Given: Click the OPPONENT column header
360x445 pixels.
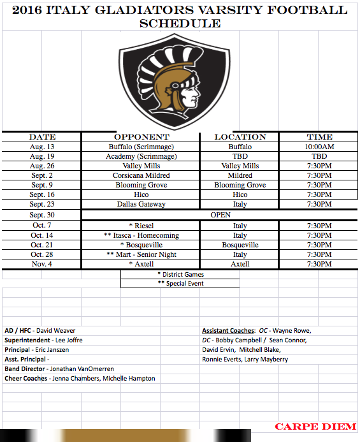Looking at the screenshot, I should [141, 137].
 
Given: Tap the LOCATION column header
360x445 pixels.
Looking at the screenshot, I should [240, 137].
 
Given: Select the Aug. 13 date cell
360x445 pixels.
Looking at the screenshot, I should [43, 147].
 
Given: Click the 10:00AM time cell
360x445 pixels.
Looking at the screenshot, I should [319, 147].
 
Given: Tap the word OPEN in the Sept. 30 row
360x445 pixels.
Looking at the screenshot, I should [220, 215].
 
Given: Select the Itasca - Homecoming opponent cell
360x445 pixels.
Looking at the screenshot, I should [141, 235].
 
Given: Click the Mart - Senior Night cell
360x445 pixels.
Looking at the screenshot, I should [141, 254].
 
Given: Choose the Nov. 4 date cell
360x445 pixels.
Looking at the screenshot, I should [43, 264].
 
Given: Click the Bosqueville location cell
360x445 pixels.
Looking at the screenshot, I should [240, 245].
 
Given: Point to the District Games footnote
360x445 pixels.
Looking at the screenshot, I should [180, 274].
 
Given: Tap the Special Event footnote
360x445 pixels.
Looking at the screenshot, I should [180, 283].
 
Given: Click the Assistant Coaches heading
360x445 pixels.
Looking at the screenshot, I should [228, 331].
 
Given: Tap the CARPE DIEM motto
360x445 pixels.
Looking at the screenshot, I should [315, 427].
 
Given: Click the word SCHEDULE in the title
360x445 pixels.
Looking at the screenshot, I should [180, 24].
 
